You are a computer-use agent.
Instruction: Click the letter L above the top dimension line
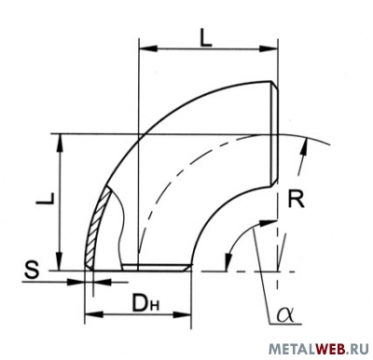point(206,38)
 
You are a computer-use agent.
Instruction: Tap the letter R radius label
point(296,200)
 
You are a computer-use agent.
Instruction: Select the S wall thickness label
point(32,270)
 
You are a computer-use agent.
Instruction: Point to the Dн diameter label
point(145,302)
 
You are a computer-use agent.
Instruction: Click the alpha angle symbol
point(285,314)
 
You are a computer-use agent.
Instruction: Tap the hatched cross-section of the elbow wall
point(98,227)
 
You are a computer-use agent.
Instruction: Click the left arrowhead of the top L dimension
point(148,48)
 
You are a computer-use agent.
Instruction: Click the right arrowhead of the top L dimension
point(269,48)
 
